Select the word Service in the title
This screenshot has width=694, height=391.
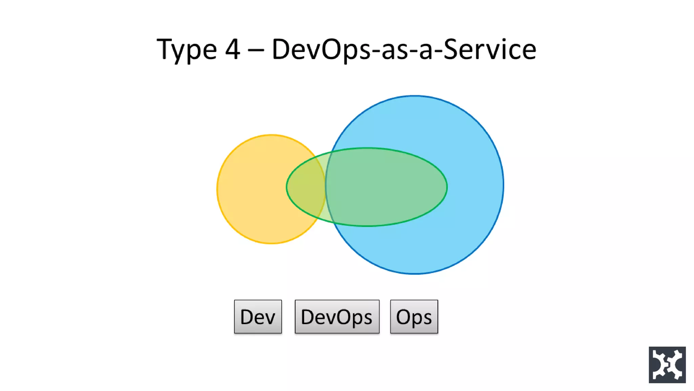(490, 50)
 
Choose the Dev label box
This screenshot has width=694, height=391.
(258, 317)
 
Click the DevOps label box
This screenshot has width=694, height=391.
(337, 317)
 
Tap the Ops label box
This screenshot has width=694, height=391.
(414, 317)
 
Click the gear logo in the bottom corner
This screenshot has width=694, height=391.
(667, 365)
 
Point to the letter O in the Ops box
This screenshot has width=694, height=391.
(404, 317)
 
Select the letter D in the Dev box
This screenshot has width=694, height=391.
(247, 317)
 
